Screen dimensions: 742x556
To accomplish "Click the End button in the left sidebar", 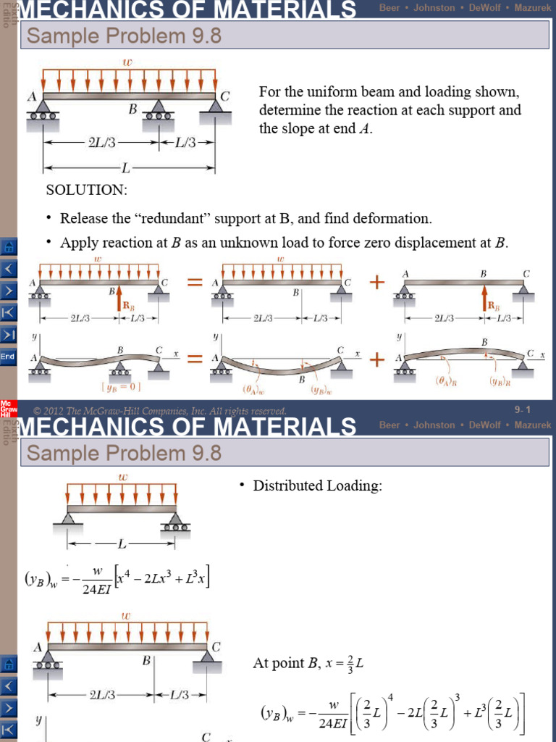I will [8, 357].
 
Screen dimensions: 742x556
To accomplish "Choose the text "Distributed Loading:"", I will [317, 486].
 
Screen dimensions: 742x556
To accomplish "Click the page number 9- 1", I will [523, 410].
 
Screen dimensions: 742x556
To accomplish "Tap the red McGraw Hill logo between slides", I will [7, 407].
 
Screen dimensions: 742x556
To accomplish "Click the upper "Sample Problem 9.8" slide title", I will [124, 36].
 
